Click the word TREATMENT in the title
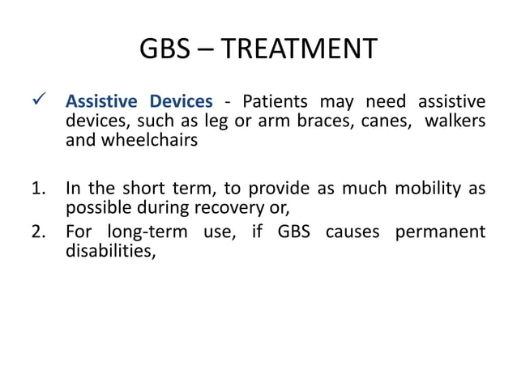pyautogui.click(x=299, y=49)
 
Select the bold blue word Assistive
pyautogui.click(x=102, y=102)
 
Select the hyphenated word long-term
pyautogui.click(x=139, y=232)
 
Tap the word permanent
pyautogui.click(x=439, y=232)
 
